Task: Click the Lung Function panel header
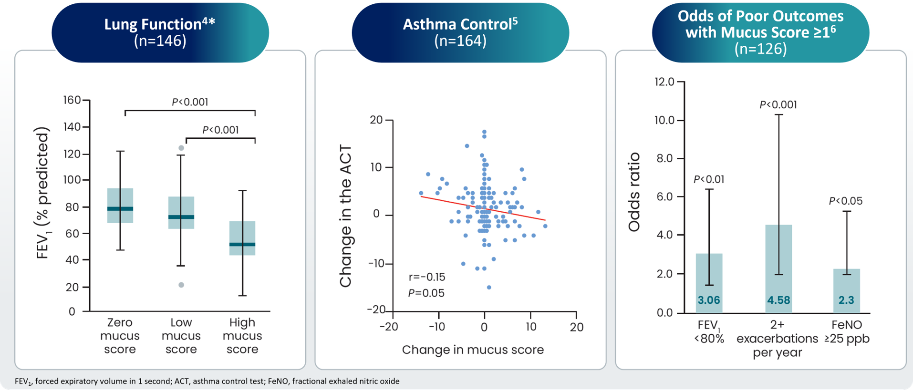coord(160,32)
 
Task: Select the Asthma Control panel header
coord(460,32)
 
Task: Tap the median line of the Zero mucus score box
coord(120,209)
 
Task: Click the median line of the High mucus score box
coord(242,244)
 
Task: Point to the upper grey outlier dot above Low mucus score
coord(181,148)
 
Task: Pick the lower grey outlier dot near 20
coord(181,285)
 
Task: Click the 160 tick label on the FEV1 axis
coord(72,100)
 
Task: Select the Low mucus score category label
coord(181,336)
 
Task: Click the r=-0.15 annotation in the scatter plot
coord(427,277)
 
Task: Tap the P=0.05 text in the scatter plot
coord(426,293)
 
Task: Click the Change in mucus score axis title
coord(473,350)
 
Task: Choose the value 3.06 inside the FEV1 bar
coord(709,300)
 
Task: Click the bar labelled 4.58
coord(778,267)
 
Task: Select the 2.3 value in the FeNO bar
coord(847,300)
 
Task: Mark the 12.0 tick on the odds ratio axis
coord(664,82)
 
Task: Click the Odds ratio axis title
coord(634,192)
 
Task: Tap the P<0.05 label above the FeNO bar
coord(846,201)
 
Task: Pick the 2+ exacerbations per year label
coord(778,339)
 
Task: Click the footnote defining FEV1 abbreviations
coord(207,381)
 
